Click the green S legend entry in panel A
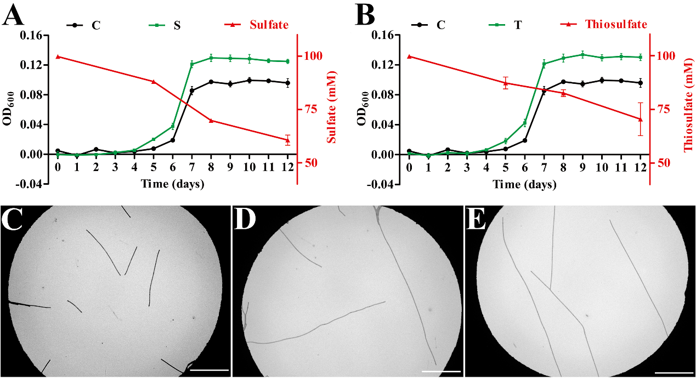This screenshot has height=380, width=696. [177, 25]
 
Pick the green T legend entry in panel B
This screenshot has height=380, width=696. [530, 25]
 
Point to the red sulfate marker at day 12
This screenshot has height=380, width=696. [287, 140]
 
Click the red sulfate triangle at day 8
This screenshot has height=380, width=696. [211, 120]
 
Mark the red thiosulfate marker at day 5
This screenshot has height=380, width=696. [506, 83]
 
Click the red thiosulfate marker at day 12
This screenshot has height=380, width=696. [640, 119]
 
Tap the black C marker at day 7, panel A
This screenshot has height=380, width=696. [192, 90]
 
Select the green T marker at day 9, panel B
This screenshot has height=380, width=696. [582, 54]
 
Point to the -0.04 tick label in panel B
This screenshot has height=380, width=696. [382, 184]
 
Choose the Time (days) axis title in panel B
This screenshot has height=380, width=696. [524, 184]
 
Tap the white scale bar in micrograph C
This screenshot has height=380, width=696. [208, 371]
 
